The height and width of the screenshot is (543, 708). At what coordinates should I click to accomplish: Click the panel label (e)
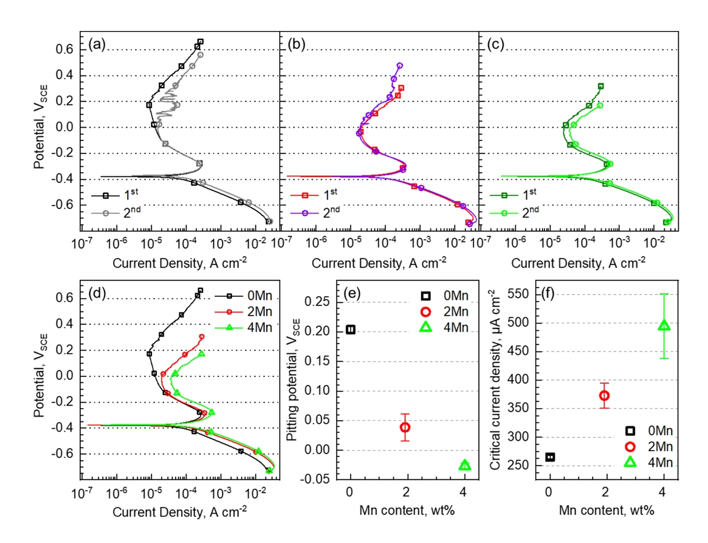353,294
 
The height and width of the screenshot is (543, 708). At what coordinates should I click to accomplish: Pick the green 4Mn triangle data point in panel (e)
465,465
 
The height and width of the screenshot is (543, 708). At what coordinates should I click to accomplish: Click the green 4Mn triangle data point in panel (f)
664,325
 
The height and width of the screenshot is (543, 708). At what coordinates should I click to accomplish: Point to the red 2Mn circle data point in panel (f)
604,396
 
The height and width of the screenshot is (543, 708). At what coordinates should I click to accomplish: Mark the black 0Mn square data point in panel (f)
550,457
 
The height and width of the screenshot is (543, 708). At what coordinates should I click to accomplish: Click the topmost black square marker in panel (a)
201,42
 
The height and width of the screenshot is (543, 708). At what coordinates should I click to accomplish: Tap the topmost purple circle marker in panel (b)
400,66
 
